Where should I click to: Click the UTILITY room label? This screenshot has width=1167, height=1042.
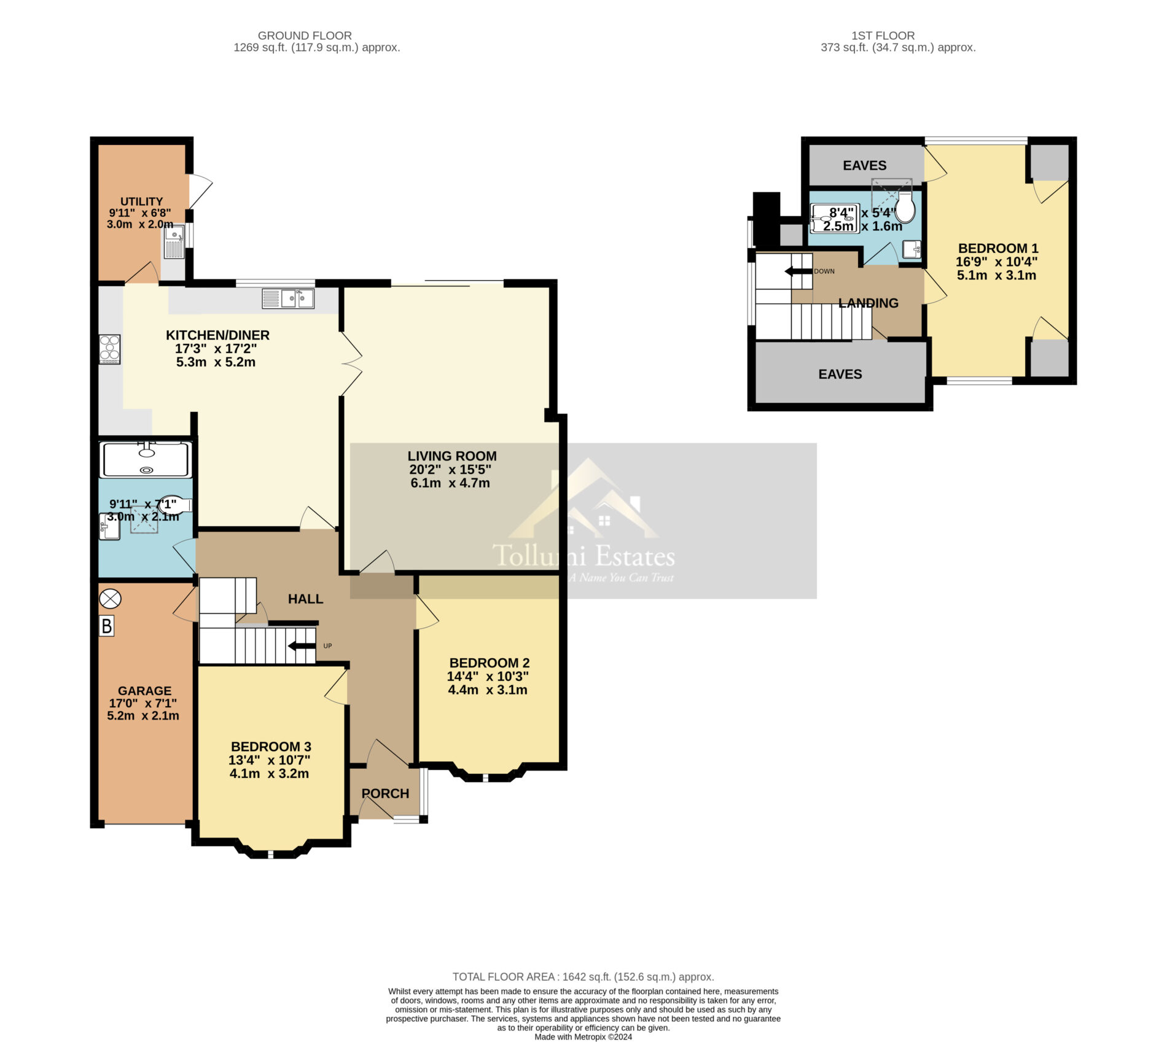[141, 201]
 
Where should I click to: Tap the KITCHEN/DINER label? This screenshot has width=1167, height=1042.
[217, 335]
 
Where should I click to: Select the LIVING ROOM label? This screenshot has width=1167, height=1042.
[452, 456]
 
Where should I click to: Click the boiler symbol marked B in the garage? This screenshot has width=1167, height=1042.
[107, 626]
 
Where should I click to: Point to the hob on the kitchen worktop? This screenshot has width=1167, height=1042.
[110, 349]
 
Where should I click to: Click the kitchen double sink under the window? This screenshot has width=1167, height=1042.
[288, 298]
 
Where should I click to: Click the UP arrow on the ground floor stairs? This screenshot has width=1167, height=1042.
[302, 645]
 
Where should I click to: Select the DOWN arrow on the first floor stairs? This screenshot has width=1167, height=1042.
[798, 271]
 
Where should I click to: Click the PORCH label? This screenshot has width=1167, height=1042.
[385, 793]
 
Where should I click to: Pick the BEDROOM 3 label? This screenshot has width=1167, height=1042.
[271, 747]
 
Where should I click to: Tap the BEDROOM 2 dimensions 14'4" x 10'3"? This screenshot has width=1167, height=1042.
[488, 677]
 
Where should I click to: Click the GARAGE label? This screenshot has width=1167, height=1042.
[144, 691]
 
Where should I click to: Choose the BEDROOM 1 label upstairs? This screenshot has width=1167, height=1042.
[998, 249]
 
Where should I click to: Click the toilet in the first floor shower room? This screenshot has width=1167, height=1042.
[905, 206]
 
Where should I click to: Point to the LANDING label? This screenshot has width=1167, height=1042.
[868, 303]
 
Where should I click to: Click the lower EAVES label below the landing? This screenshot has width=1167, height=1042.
[840, 375]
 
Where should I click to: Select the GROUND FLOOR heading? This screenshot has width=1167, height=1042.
[305, 36]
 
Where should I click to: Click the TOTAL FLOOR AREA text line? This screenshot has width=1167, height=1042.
[583, 976]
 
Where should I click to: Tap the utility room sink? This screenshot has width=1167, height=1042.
[174, 242]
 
